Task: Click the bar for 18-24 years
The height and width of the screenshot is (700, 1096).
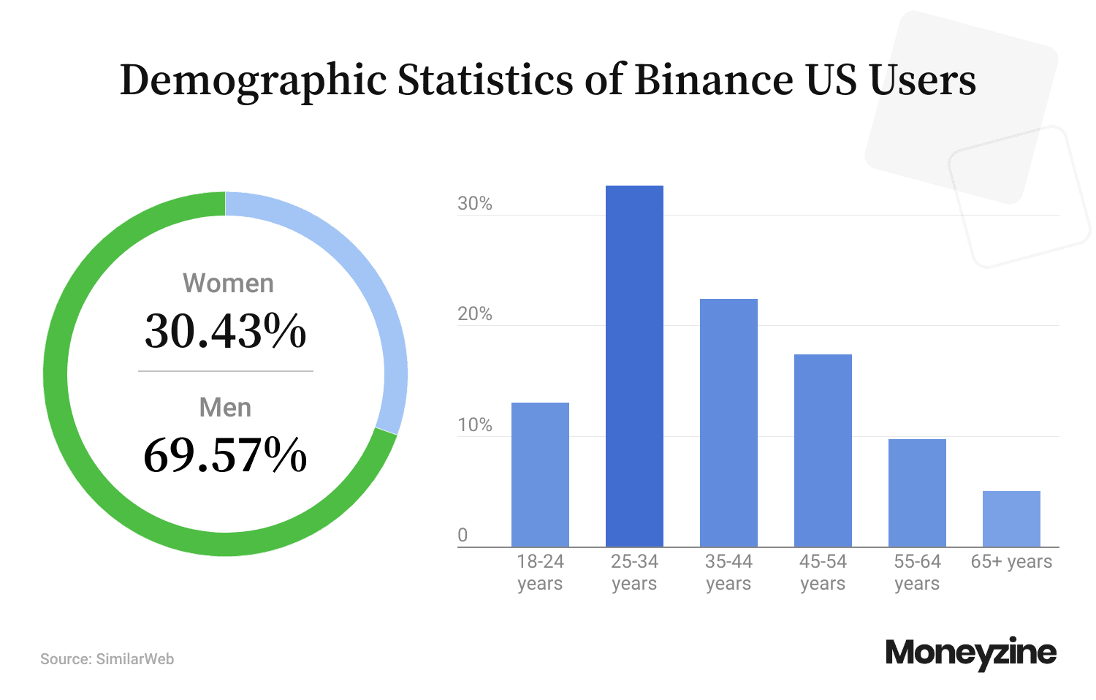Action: click(540, 474)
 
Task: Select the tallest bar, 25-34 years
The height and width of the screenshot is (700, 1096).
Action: click(634, 365)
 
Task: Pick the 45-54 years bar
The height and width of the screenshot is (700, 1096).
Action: click(823, 450)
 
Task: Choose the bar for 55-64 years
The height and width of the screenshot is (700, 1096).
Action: click(917, 492)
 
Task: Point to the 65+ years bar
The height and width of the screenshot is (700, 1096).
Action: click(1011, 519)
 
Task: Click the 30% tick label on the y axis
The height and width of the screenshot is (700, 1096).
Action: click(475, 204)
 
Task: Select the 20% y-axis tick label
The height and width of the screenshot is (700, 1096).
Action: click(475, 314)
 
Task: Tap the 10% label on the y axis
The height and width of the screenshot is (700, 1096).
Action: click(475, 425)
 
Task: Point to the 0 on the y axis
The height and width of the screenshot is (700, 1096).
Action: click(463, 535)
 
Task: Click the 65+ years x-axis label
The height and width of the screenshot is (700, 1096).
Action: click(1011, 561)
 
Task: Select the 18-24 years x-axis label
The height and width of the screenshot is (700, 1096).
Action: click(540, 572)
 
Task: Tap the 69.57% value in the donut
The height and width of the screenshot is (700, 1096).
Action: click(225, 454)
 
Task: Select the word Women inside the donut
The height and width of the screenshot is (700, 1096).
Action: click(228, 284)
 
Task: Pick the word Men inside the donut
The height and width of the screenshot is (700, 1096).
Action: click(225, 408)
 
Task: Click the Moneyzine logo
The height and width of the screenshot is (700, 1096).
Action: click(970, 653)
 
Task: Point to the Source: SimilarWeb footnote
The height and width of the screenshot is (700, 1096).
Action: click(107, 659)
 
